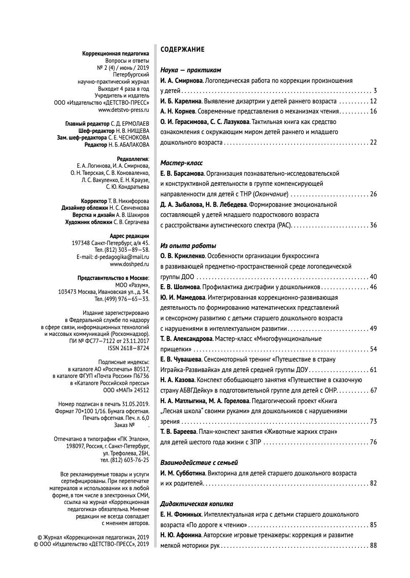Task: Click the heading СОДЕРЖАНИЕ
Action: tap(182, 50)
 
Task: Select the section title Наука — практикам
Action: tap(191, 70)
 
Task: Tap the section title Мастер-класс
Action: tap(181, 163)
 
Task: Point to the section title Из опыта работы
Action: tap(188, 246)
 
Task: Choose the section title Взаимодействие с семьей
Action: tap(199, 463)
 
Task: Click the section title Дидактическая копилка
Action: tap(197, 504)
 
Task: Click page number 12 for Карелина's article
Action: tap(373, 101)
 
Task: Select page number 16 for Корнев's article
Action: tap(373, 111)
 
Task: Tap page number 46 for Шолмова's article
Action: tap(373, 287)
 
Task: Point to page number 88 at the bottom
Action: tap(373, 546)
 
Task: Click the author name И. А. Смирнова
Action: tap(181, 81)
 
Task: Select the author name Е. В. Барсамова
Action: tap(182, 174)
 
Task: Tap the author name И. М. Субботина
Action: tap(183, 473)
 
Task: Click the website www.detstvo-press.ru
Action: tap(124, 110)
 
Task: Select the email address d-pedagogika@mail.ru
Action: tap(122, 257)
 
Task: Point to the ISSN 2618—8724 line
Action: tap(128, 348)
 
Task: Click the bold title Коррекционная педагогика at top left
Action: tap(116, 54)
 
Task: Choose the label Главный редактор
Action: tap(88, 124)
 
